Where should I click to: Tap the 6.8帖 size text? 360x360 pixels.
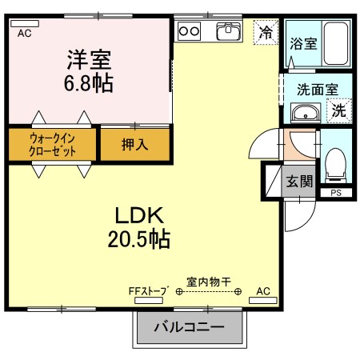pyautogui.click(x=89, y=82)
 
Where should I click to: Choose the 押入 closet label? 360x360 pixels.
pyautogui.click(x=134, y=145)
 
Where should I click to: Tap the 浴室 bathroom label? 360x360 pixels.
pyautogui.click(x=304, y=44)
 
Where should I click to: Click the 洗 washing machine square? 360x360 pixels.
pyautogui.click(x=339, y=111)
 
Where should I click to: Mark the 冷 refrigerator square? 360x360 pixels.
pyautogui.click(x=265, y=33)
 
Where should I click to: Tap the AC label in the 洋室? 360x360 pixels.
pyautogui.click(x=24, y=33)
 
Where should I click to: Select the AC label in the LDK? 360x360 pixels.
pyautogui.click(x=263, y=292)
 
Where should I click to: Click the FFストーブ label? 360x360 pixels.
pyautogui.click(x=146, y=292)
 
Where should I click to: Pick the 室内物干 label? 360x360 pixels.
pyautogui.click(x=209, y=281)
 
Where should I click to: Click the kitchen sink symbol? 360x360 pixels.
pyautogui.click(x=229, y=32)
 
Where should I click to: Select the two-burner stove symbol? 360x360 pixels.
pyautogui.click(x=190, y=31)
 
